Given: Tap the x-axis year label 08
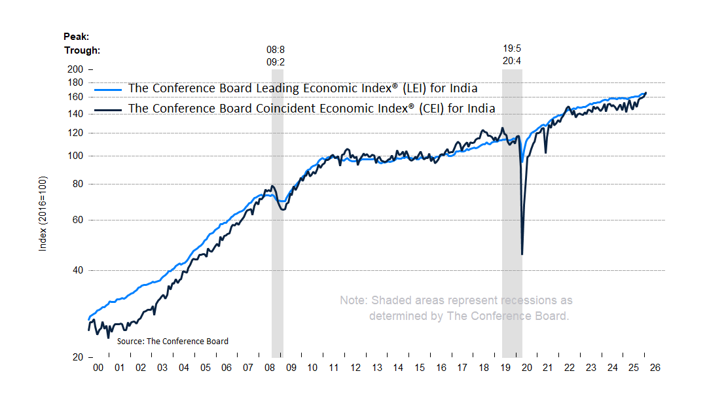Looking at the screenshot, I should coord(270,368).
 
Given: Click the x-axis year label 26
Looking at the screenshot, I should coord(655,368).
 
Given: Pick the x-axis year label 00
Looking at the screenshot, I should coord(98,368).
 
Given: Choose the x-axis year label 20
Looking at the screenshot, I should coord(527,368).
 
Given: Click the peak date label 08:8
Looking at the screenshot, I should coord(275,50).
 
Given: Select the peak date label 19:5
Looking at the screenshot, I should coord(512,50).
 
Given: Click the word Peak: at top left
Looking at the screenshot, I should coord(76,37).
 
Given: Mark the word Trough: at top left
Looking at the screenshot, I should coord(82,50).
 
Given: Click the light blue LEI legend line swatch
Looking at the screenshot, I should coord(109,89).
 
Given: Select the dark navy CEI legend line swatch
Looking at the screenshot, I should coord(109,109).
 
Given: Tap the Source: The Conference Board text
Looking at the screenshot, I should coord(173,342).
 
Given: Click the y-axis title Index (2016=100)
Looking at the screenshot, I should coord(43,214).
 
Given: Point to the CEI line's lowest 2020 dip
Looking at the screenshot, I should coord(522,254).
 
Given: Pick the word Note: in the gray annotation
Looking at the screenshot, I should coord(353,301).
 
